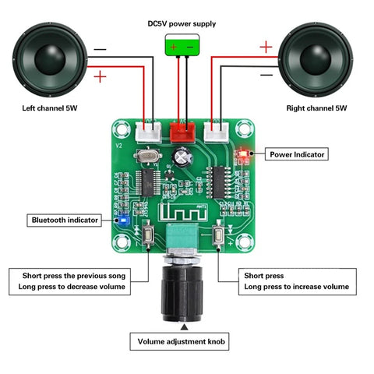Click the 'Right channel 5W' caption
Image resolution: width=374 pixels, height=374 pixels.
[x=316, y=108]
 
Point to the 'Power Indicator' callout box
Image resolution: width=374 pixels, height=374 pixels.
[x=297, y=154]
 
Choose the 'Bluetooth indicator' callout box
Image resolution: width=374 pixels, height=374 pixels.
[x=65, y=221]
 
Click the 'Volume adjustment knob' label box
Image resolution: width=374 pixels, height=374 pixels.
[x=184, y=341]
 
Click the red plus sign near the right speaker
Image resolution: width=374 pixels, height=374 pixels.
[x=266, y=47]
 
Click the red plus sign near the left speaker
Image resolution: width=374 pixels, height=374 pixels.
[x=100, y=76]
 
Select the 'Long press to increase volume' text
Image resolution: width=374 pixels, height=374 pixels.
[x=296, y=288]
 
